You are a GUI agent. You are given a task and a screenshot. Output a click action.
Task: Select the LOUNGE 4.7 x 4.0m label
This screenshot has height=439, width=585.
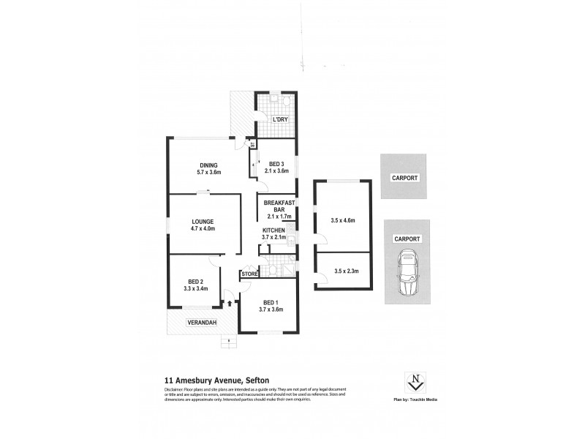pos(203,222)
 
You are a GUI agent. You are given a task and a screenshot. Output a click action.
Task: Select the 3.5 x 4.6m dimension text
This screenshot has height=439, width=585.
pos(343,219)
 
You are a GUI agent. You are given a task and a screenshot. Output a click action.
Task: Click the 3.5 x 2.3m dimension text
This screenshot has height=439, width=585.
pos(343,271)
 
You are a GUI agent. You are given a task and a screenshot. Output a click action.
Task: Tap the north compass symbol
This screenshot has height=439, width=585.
pos(415,381)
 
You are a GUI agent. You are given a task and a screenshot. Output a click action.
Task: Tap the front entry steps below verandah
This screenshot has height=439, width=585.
pos(230,341)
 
